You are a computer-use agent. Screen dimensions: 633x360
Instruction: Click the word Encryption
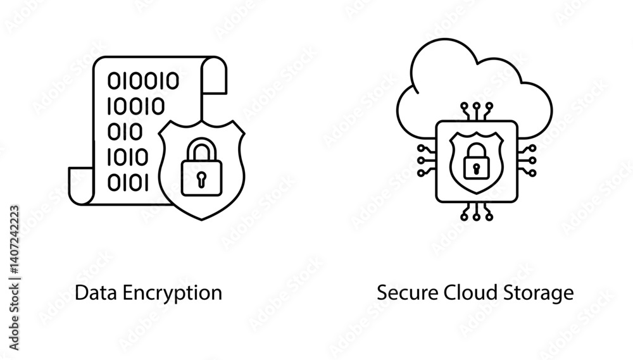(172, 294)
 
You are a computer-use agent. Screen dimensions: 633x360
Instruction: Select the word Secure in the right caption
(407, 292)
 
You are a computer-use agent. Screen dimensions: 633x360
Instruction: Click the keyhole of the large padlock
(201, 180)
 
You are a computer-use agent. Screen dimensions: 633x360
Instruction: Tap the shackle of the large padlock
(201, 149)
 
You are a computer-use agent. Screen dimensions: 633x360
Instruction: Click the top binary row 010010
(143, 81)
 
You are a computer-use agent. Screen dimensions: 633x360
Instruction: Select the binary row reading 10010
(136, 106)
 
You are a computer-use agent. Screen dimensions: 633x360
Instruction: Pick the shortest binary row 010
(125, 132)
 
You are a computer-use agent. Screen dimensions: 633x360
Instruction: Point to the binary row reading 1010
(128, 157)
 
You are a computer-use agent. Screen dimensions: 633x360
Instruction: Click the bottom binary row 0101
(128, 182)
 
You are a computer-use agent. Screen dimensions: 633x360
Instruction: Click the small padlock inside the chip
(477, 161)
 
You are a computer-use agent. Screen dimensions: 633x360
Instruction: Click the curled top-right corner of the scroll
(214, 75)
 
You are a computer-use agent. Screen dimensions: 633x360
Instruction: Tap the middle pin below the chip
(477, 211)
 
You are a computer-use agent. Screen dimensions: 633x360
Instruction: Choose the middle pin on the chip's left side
(427, 161)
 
